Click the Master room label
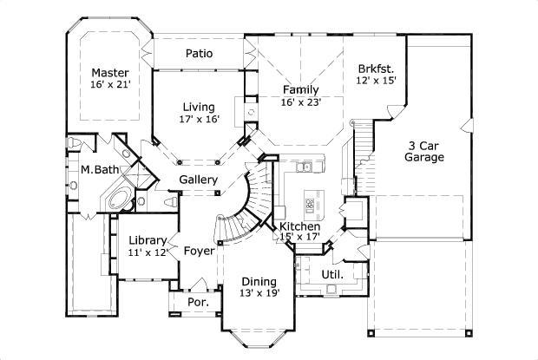[x=110, y=72]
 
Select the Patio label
[x=199, y=54]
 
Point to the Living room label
[x=198, y=107]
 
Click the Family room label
[x=301, y=89]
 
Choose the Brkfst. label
[x=376, y=68]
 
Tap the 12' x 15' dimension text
[x=376, y=80]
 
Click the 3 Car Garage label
[x=424, y=152]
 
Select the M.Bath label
[x=95, y=170]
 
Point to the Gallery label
[x=198, y=180]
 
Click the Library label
[x=147, y=240]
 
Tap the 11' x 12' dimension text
[x=147, y=252]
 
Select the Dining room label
[x=259, y=282]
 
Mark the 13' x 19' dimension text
[x=259, y=294]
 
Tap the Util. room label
[x=332, y=274]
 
